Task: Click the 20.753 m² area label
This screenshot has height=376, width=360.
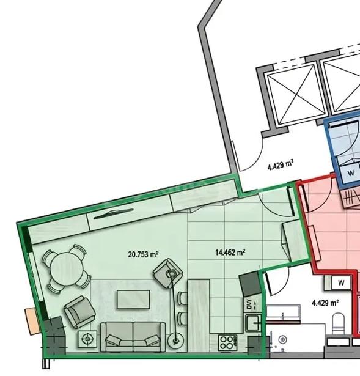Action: (143, 254)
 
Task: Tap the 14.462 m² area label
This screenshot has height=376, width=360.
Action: (230, 253)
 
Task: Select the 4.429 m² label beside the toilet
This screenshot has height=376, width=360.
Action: (325, 303)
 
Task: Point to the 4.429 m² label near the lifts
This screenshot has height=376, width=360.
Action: (281, 165)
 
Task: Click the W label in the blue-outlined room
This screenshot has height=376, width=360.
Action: (351, 172)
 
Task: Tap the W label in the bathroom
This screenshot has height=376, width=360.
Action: (341, 282)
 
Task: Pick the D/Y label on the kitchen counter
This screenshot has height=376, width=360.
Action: (249, 304)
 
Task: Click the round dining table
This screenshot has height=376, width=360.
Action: (66, 268)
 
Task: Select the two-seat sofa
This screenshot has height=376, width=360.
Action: (133, 337)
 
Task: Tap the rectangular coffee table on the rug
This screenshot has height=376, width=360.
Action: (133, 300)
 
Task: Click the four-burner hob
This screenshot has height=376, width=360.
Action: (227, 342)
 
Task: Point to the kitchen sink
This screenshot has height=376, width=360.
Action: (254, 323)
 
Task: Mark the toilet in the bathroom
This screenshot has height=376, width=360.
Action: (339, 323)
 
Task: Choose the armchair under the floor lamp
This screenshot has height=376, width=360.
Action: (168, 273)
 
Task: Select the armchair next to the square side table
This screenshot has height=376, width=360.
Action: (79, 312)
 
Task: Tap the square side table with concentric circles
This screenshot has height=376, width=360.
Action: (87, 339)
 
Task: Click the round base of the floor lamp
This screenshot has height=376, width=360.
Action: (176, 340)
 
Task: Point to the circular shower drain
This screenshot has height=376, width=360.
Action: (283, 339)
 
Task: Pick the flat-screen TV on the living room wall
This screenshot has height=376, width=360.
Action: (113, 213)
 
